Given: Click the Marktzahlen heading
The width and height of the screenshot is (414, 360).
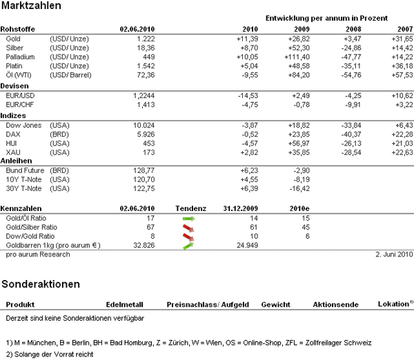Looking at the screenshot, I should point(31,6).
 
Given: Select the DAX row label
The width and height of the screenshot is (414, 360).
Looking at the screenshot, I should point(12,133).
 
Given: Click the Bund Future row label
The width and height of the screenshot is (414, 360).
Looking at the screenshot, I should point(25,169).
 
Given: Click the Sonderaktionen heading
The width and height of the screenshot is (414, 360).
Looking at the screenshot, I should point(40,283).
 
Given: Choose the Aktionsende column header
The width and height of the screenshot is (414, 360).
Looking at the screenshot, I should point(335,304).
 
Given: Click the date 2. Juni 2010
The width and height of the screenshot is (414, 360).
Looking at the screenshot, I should point(394,254).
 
